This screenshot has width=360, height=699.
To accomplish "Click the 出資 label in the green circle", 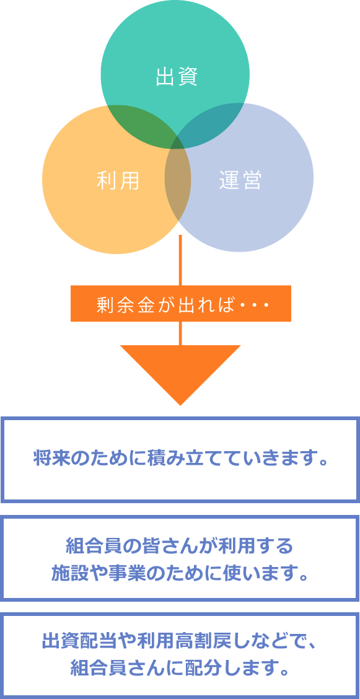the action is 176,77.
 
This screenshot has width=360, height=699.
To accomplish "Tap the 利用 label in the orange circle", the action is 118,180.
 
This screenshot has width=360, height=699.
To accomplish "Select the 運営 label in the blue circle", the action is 240,180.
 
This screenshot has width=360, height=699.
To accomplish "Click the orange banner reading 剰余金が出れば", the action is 181,304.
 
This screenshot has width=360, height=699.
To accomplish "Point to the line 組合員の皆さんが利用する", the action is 180,545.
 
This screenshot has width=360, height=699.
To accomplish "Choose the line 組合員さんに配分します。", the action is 180,669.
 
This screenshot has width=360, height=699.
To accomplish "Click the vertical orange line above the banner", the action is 180,260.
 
